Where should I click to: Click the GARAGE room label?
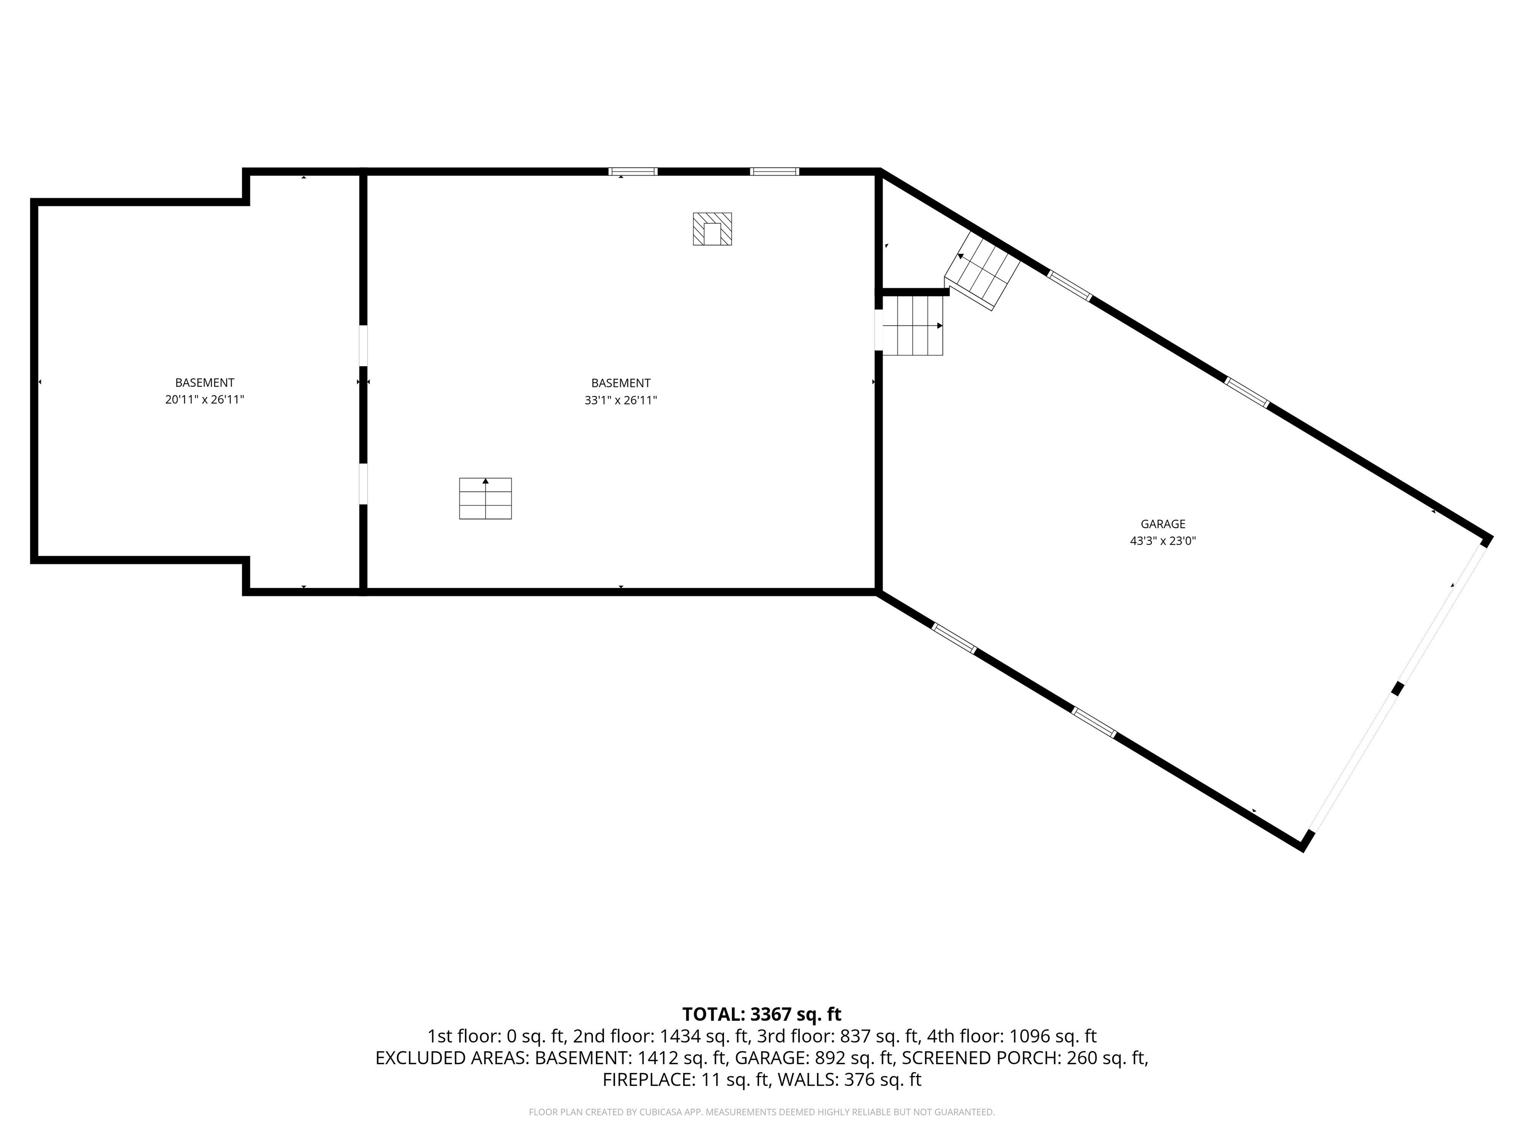pos(1162,523)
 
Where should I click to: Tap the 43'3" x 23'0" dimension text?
pos(1162,541)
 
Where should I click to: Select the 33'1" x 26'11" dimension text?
pos(620,400)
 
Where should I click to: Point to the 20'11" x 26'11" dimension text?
pos(204,399)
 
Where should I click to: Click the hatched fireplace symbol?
pos(712,229)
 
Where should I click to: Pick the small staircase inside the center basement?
pos(485,498)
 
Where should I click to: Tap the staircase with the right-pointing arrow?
pos(912,325)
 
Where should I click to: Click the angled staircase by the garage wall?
pos(982,270)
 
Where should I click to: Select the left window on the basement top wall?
pos(633,172)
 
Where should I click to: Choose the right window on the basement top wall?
pos(774,172)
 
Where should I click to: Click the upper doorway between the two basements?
pos(363,346)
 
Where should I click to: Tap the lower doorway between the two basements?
pos(363,484)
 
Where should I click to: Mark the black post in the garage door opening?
pos(1397,688)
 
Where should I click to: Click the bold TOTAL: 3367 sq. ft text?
pos(762,1014)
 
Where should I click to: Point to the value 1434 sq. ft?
pos(704,1036)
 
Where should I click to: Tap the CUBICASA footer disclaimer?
pos(762,1112)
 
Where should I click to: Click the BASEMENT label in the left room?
pos(204,382)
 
